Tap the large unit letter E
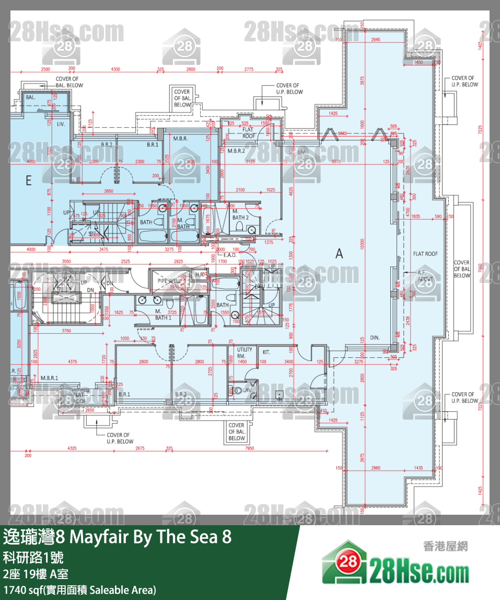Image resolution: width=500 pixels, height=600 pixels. pyautogui.click(x=28, y=180)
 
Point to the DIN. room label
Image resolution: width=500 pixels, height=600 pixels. pyautogui.click(x=375, y=338)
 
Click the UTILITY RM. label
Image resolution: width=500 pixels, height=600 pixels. pyautogui.click(x=245, y=353)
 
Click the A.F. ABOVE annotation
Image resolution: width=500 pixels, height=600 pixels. pyautogui.click(x=422, y=276)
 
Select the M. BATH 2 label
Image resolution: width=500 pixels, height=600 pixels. pyautogui.click(x=240, y=214)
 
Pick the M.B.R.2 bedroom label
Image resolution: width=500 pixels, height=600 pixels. pyautogui.click(x=236, y=151)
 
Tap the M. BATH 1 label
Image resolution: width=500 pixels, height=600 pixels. pyautogui.click(x=163, y=314)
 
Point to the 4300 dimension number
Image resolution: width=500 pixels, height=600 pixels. pyautogui.click(x=115, y=69)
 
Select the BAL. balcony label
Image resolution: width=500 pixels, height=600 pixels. pyautogui.click(x=30, y=97)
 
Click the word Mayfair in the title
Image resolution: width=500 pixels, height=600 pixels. pyautogui.click(x=98, y=537)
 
